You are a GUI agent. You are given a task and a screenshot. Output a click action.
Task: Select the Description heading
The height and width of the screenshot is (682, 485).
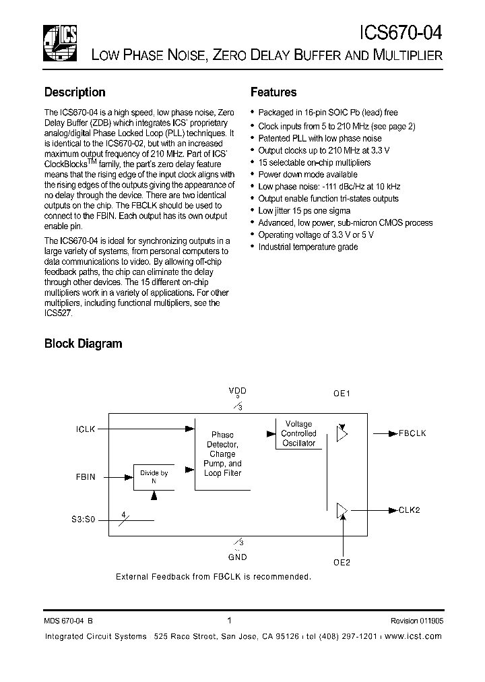(75, 92)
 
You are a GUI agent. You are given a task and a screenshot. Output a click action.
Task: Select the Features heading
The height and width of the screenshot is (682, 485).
(273, 92)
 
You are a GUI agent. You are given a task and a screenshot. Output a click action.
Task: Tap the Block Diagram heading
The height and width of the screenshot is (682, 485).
(83, 344)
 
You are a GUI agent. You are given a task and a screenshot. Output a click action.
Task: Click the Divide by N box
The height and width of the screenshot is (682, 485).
(154, 477)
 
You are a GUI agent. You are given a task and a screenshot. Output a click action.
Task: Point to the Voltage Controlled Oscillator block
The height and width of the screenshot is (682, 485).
(298, 434)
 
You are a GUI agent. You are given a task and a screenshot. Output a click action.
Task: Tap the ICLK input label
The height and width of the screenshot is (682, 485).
(86, 428)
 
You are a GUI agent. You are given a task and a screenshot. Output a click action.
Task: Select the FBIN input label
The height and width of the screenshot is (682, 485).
(86, 476)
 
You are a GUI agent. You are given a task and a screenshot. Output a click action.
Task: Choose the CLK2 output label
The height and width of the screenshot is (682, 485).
(410, 511)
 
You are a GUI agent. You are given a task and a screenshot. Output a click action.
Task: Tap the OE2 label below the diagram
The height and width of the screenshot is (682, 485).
(343, 561)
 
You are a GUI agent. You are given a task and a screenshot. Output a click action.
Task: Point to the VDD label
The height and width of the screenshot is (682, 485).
(237, 391)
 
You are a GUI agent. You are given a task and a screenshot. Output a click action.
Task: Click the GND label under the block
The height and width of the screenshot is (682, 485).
(237, 557)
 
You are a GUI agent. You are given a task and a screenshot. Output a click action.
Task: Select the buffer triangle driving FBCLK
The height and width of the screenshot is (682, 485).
(342, 434)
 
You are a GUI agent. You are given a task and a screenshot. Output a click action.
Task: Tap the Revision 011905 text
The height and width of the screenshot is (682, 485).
(416, 621)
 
